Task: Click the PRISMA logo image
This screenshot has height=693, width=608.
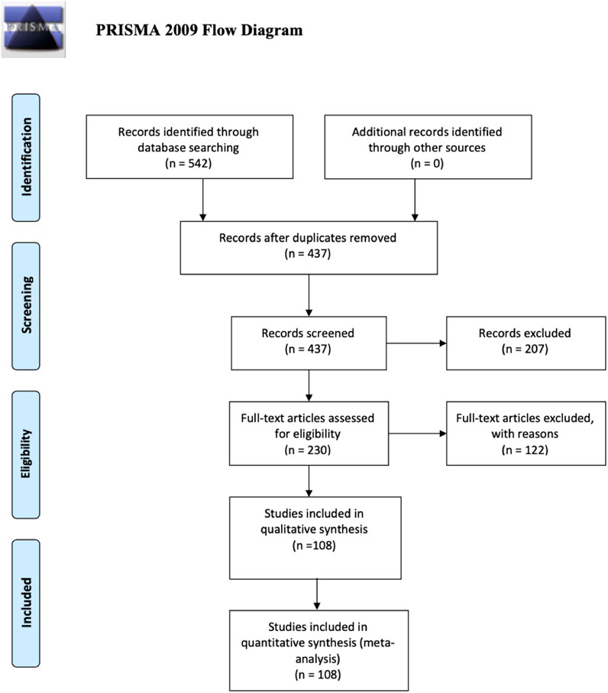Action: pos(33,29)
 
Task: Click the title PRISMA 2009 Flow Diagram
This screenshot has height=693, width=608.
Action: pos(199,30)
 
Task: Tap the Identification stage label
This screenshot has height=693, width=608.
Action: pos(26,158)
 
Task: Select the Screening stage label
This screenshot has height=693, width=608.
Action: pos(26,306)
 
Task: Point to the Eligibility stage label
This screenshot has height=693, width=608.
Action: pos(26,454)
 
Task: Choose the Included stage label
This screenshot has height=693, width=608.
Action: pos(26,603)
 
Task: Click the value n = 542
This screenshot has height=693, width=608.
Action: pos(189,164)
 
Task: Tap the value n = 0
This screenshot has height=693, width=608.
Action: pos(427,164)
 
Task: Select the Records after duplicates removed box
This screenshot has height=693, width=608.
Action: pos(309,248)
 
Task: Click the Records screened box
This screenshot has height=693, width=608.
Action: pos(309,343)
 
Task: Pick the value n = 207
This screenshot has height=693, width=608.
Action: pos(525,349)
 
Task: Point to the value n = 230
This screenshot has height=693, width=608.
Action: pos(308,450)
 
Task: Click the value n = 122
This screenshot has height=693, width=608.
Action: pos(525,450)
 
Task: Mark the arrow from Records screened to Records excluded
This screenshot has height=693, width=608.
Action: pos(416,343)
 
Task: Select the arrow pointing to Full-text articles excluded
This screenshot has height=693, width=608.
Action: pos(417,434)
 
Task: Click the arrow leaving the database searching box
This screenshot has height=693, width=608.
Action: pos(203,200)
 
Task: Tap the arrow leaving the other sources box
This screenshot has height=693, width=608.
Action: pos(415,200)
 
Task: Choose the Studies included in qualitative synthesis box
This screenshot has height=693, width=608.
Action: pos(315,538)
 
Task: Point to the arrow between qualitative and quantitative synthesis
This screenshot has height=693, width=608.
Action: pos(317,594)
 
